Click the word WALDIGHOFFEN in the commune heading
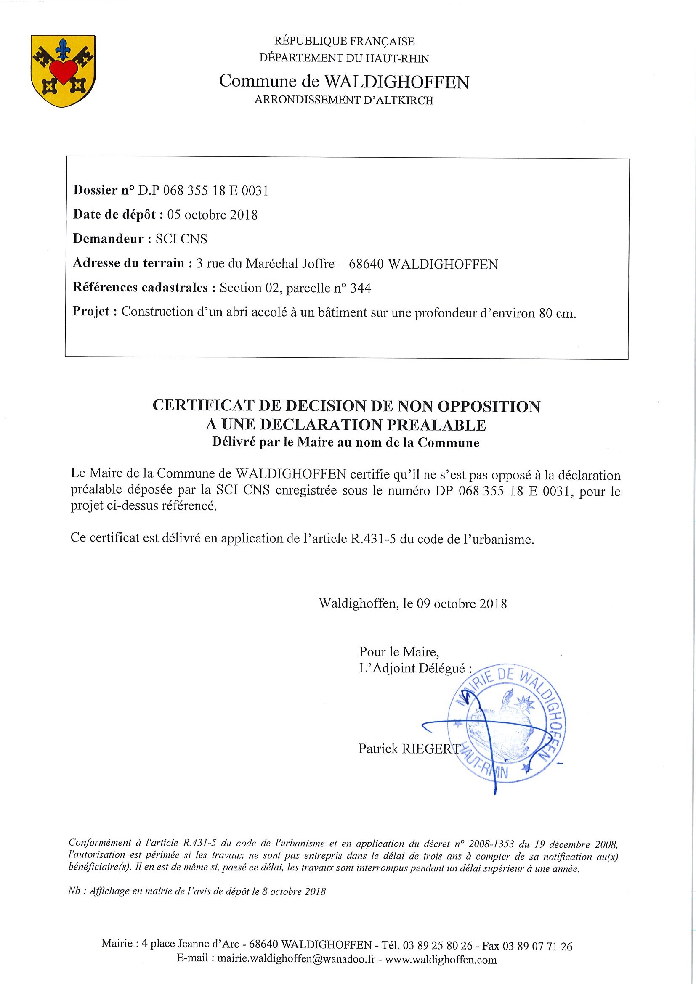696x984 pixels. pos(396,82)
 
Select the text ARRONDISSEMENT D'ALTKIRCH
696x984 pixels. pos(344,100)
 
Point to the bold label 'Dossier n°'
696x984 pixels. pos(104,190)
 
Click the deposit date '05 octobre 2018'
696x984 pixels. pos(212,215)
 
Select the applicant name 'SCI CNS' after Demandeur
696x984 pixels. pos(181,239)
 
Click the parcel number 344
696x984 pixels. pos(360,288)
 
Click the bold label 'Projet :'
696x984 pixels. pos(95,312)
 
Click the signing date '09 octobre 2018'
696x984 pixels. pos(470,603)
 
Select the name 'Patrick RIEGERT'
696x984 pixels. pos(409,748)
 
